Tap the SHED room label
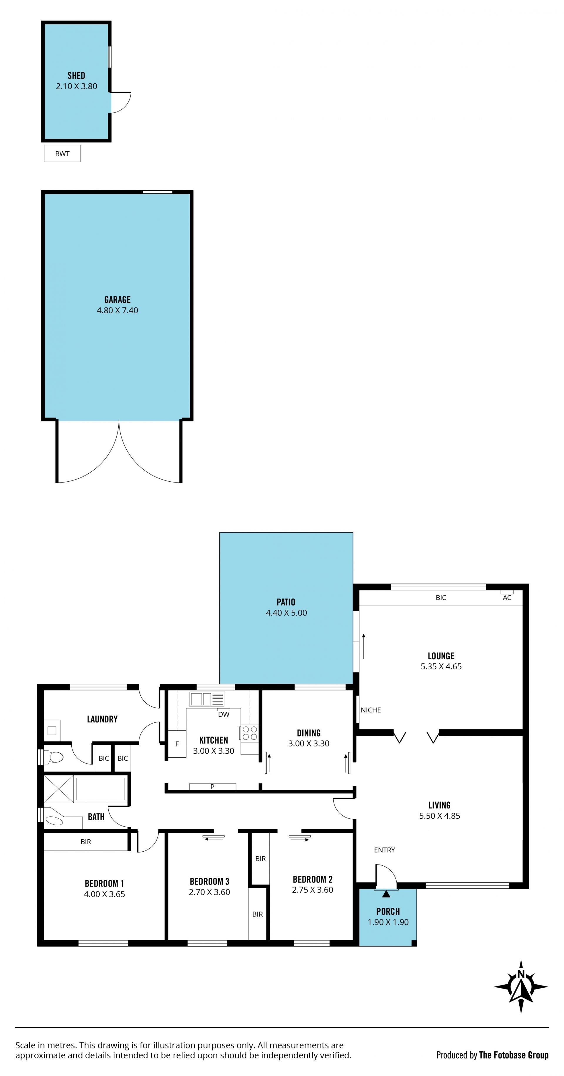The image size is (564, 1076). click(76, 75)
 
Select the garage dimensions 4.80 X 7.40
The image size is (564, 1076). click(117, 310)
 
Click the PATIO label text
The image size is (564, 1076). click(286, 602)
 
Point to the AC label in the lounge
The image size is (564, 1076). click(507, 598)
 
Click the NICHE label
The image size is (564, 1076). click(371, 710)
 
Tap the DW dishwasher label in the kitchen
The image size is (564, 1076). click(224, 714)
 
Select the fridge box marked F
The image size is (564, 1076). click(177, 744)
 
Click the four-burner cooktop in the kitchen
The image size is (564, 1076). click(249, 733)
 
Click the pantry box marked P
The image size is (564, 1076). click(213, 786)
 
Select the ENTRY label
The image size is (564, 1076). click(384, 850)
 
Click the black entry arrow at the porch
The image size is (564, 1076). click(386, 893)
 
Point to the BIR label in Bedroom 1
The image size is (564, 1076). click(86, 842)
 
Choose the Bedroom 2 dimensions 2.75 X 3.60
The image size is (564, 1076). click(313, 890)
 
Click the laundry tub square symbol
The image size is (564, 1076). click(52, 731)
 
